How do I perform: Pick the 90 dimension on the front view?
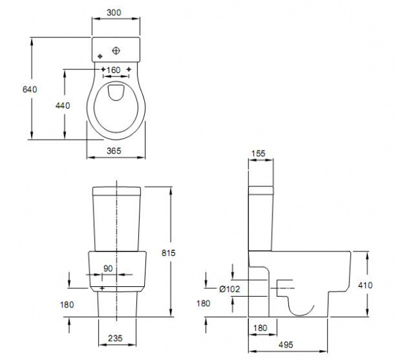tap(109, 269)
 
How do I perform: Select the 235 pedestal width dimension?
tap(117, 339)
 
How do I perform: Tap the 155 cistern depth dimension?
tap(258, 153)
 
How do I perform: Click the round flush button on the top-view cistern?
tap(117, 49)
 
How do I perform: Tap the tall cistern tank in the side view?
tap(259, 217)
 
